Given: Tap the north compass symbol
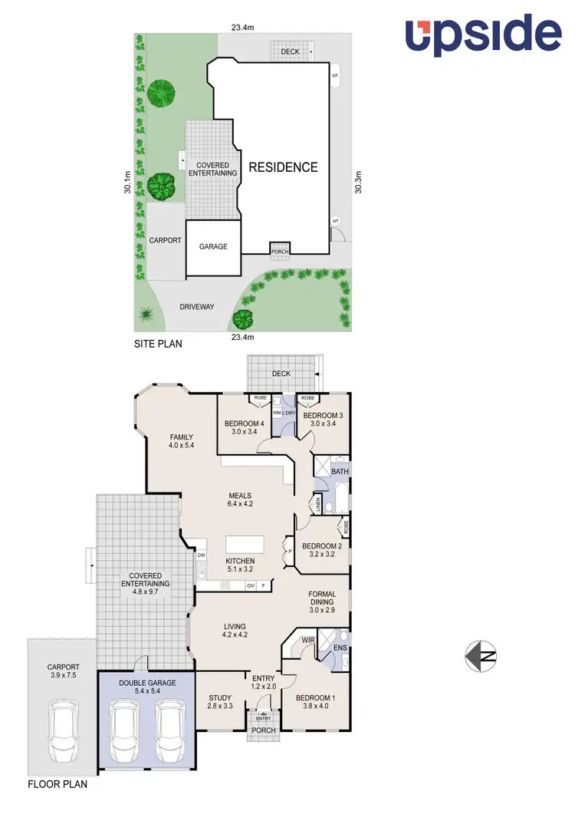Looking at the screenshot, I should click(481, 655).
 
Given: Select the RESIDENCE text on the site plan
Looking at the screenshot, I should click(283, 166).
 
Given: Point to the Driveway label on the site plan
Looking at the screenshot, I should click(196, 307).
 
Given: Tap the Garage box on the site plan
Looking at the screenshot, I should click(213, 247).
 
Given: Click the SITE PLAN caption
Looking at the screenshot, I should click(158, 344).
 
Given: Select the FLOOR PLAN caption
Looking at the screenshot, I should click(58, 784).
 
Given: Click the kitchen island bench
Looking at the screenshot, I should click(244, 544).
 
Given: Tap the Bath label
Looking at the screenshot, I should click(340, 471).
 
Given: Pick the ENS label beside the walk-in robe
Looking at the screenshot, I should click(340, 648).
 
